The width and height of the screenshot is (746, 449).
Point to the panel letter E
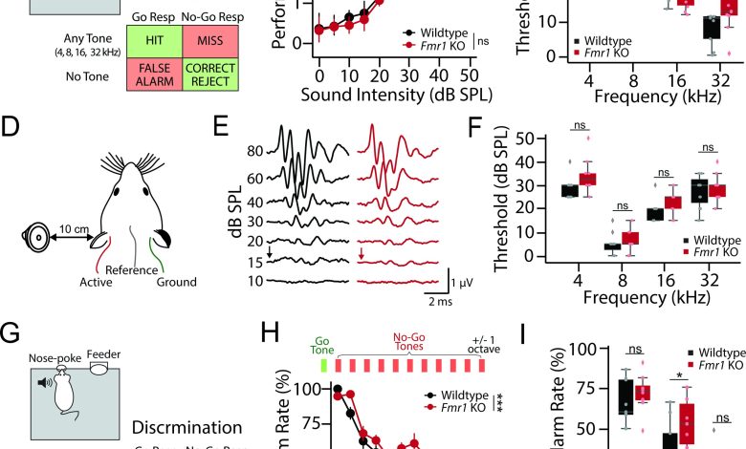220,127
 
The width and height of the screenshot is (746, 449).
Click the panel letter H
274,333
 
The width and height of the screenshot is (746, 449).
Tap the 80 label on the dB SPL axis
252,151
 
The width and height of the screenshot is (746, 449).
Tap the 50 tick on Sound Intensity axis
469,75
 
